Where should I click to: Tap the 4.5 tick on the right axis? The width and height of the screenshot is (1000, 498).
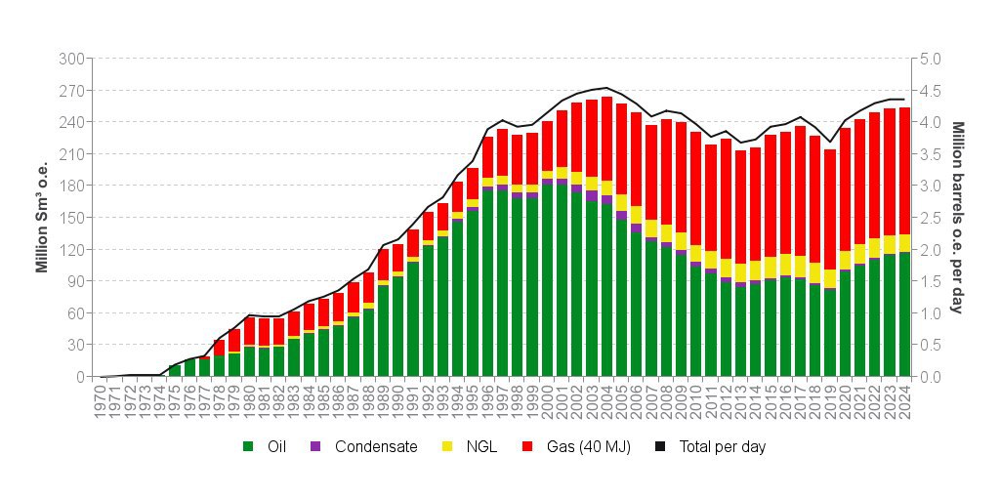tap(930, 91)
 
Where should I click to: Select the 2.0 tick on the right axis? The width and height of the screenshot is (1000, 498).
tap(930, 250)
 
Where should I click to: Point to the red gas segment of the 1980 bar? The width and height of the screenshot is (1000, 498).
tap(249, 331)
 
